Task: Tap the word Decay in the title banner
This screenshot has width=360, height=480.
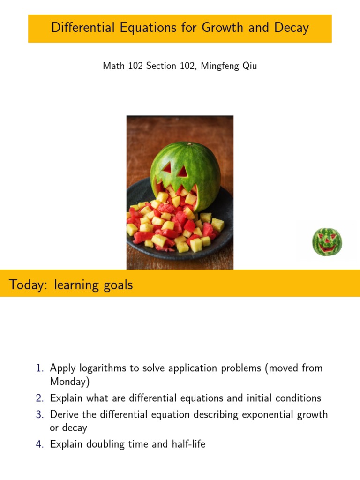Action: coord(292,28)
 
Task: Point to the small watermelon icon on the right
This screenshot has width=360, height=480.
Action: coord(327,242)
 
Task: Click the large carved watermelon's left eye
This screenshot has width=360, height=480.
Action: coord(167,167)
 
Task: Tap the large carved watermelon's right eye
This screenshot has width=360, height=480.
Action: coord(182,172)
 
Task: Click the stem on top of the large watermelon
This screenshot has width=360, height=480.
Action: coord(187,144)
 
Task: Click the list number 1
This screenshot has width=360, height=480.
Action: coord(39,368)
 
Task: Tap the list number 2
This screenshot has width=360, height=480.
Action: coord(39,398)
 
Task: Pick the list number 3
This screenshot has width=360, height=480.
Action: coord(39,415)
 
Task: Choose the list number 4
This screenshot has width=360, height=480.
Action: coord(39,444)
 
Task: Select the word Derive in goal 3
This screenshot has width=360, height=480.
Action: coord(64,415)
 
